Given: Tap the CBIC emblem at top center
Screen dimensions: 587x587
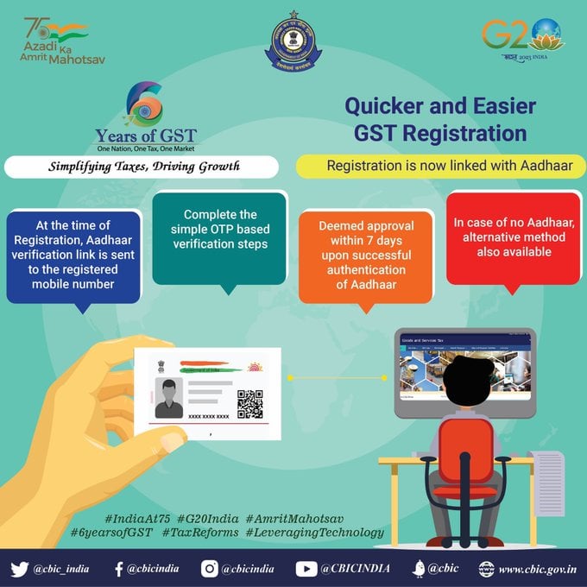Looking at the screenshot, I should click(293, 41).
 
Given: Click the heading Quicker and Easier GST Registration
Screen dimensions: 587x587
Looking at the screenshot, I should click(440, 120).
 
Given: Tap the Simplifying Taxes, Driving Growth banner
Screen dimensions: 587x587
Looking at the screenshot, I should click(143, 166).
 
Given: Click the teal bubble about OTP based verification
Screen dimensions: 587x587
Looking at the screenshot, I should click(220, 235).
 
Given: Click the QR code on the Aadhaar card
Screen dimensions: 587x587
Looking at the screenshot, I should click(249, 402).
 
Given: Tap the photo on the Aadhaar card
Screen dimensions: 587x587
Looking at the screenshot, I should click(168, 396).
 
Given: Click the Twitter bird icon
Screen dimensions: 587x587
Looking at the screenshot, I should click(20, 568).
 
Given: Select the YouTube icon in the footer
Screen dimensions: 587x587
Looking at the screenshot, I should click(306, 568).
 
